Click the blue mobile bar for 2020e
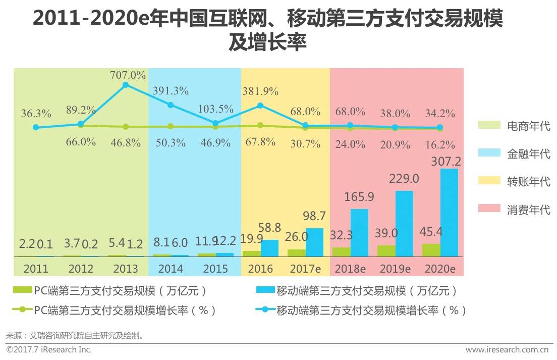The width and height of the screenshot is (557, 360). point(449,213)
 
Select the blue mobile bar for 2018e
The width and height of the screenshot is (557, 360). point(359,233)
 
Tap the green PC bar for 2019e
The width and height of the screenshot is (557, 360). point(386,251)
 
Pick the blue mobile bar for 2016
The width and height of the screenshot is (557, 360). point(269,248)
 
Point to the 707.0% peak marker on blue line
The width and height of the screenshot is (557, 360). point(126,85)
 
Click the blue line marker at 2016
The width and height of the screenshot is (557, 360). point(260,106)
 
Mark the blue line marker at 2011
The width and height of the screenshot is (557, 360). point(35,127)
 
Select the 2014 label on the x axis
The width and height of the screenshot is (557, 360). point(171,269)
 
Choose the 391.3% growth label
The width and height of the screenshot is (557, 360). point(171,91)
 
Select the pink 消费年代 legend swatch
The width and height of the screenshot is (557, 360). point(488,209)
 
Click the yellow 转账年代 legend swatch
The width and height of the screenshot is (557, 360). point(488,181)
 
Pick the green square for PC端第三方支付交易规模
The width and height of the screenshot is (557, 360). point(23,291)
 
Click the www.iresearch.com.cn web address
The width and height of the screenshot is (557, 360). point(507,349)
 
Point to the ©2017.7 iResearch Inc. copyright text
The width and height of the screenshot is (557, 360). point(49,349)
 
